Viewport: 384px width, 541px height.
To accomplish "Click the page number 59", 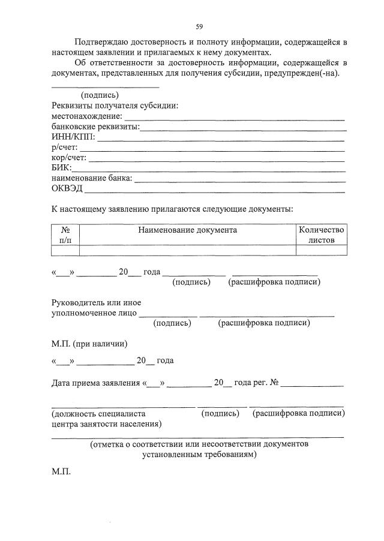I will pos(199,26).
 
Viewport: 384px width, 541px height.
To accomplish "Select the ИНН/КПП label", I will pos(73,137).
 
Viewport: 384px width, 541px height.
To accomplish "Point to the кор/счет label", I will pos(69,158).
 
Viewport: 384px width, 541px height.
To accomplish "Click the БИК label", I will pos(61,168).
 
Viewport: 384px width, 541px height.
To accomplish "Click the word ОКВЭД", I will pos(67,189).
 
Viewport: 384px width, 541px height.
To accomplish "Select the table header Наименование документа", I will pos(187,230).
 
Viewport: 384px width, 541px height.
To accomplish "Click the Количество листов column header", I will pos(322,235).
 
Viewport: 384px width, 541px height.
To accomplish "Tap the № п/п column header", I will pos(65,235).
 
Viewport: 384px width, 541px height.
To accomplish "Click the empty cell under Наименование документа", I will pos(187,250).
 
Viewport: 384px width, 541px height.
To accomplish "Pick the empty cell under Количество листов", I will pos(322,250).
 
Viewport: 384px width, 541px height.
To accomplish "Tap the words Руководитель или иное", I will pos(96,302).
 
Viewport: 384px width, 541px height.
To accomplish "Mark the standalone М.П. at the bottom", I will pos(61,471).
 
